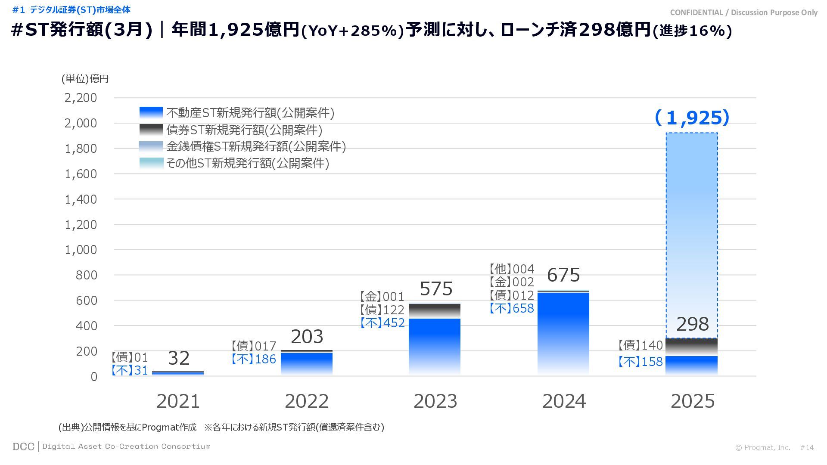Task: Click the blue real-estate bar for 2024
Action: tap(563, 332)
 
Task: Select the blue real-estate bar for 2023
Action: tap(435, 344)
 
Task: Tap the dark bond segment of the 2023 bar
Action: tap(435, 311)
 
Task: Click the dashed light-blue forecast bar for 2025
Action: tap(692, 232)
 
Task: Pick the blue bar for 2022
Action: tap(307, 363)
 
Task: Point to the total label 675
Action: tap(563, 275)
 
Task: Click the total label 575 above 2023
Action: tap(436, 288)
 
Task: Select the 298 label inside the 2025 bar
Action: tap(692, 324)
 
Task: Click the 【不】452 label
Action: tap(382, 323)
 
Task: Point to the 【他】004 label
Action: tap(512, 269)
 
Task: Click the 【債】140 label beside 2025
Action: tap(640, 345)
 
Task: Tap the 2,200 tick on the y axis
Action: tap(81, 98)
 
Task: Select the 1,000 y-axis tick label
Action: tap(81, 250)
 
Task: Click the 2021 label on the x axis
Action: tap(178, 401)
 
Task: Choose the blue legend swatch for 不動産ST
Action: tap(151, 112)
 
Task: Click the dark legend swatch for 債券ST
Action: tap(151, 129)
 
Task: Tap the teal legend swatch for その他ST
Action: tap(151, 163)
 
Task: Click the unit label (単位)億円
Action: tap(85, 78)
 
